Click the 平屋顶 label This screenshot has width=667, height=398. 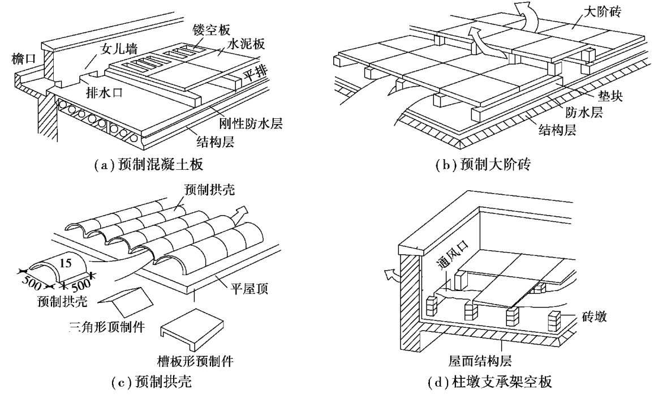[252, 290]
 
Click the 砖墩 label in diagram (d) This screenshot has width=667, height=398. [593, 318]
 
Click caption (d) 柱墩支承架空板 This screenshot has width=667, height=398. [489, 383]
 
